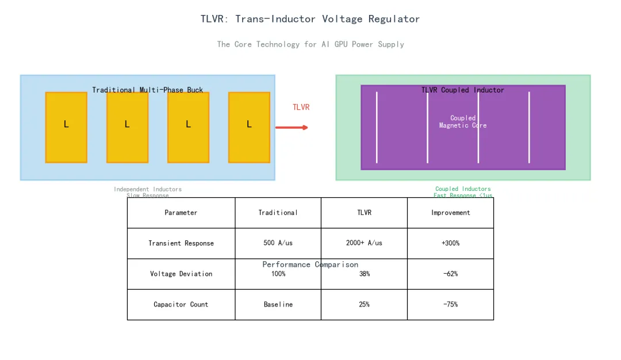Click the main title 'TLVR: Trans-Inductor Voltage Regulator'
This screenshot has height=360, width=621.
coord(310,19)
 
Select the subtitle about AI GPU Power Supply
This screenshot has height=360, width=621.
coord(310,44)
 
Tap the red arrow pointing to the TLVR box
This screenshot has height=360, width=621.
coord(292,127)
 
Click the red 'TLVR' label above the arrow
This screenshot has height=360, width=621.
coord(301,108)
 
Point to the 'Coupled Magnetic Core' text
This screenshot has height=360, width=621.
coord(463,121)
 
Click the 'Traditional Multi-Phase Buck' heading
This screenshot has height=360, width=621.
coord(147,90)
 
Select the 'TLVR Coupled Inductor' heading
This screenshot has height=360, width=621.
coord(463,90)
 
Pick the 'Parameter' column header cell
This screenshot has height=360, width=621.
coord(181,213)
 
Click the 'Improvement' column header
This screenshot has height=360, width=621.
coord(450,213)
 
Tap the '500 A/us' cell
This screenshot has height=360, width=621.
coord(278,243)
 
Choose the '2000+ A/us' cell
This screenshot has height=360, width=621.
coord(364,243)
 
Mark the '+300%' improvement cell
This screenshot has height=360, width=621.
coord(450,243)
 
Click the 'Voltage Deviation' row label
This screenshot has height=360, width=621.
coord(181,274)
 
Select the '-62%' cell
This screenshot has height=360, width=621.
coord(450,274)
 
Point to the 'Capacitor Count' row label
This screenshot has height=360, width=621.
coord(181,304)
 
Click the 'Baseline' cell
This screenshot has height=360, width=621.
coord(278,304)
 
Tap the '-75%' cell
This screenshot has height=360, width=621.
coord(450,304)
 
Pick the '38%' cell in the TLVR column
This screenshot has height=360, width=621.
coord(364,274)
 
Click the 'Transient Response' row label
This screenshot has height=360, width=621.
coord(181,243)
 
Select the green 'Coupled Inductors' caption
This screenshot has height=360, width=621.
coord(463,189)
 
